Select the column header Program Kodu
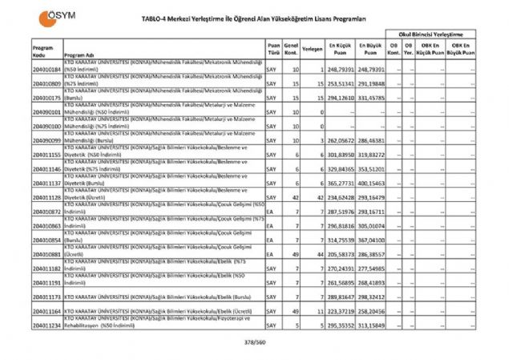(x=43, y=51)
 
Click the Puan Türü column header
(x=273, y=51)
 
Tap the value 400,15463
(x=371, y=183)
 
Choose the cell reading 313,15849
(x=371, y=327)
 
